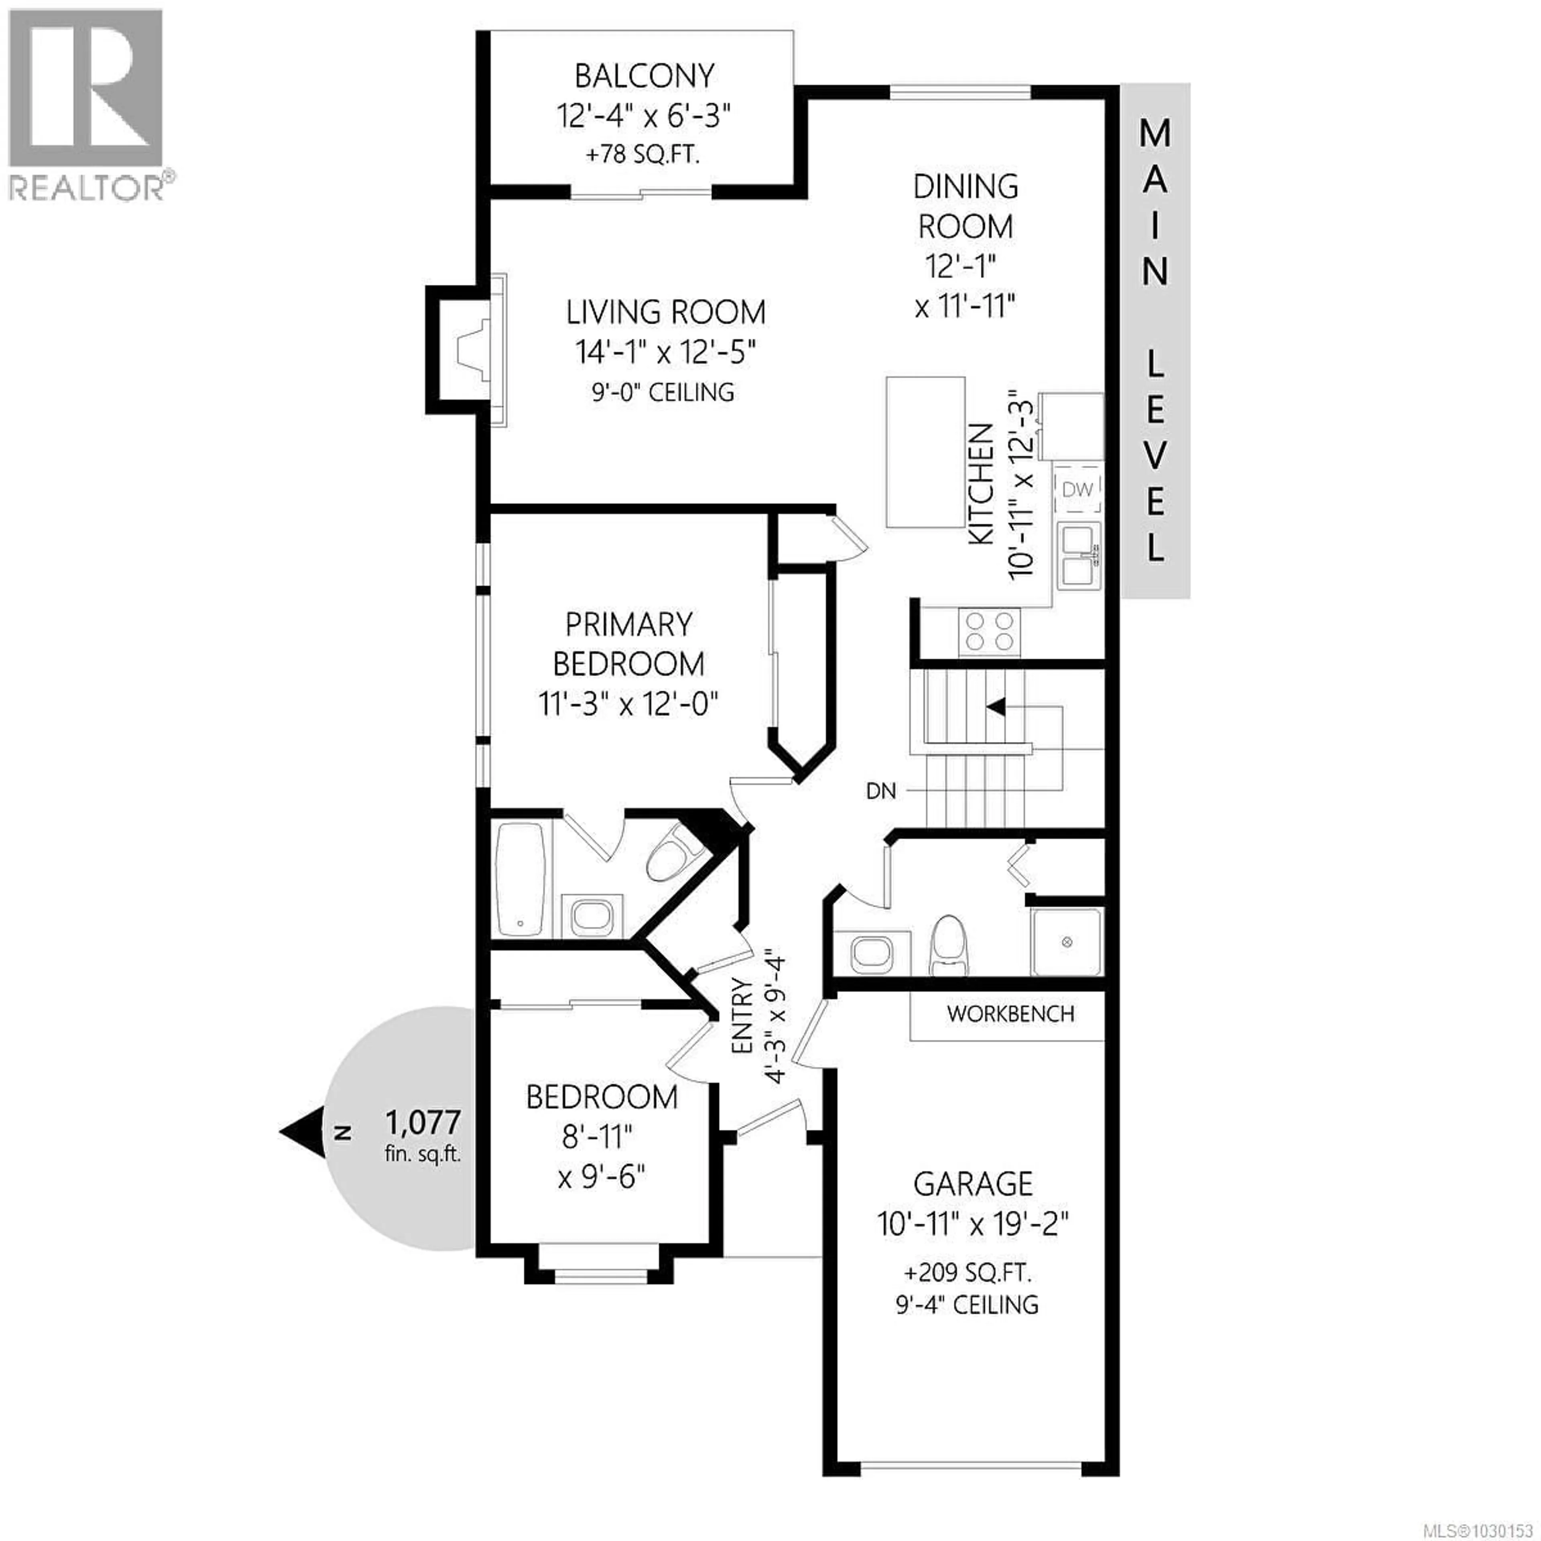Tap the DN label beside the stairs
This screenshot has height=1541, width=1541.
pos(880,791)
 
